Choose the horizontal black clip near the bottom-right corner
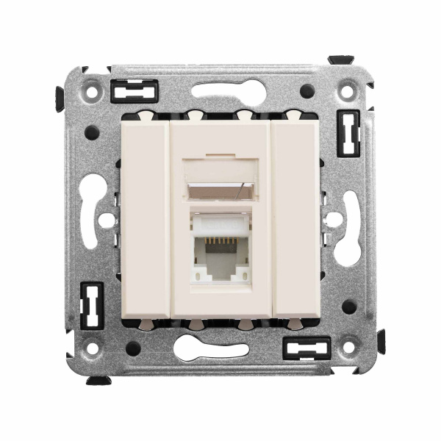point(307,348)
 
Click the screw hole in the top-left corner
point(93,94)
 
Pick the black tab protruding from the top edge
point(340,59)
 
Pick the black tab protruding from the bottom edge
point(98,380)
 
